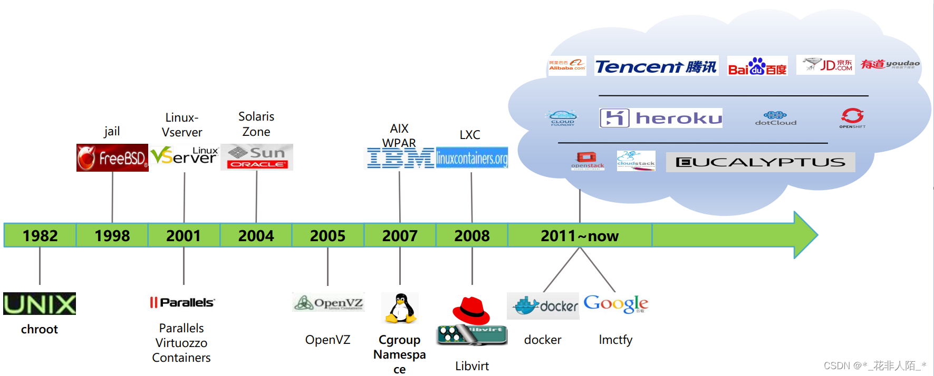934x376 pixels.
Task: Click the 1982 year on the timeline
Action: pyautogui.click(x=40, y=235)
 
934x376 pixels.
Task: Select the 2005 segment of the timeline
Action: pyautogui.click(x=328, y=235)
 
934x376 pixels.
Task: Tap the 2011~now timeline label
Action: pyautogui.click(x=579, y=235)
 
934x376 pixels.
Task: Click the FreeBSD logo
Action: pyautogui.click(x=112, y=157)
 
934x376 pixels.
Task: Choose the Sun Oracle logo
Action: pyautogui.click(x=257, y=157)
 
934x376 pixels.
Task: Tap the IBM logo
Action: pyautogui.click(x=400, y=158)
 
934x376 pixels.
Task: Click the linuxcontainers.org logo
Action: pyautogui.click(x=472, y=158)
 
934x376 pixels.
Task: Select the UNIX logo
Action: pyautogui.click(x=40, y=304)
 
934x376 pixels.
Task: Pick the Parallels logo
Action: pyautogui.click(x=182, y=302)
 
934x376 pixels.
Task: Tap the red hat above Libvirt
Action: pyautogui.click(x=471, y=310)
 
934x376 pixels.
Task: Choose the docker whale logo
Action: pyautogui.click(x=543, y=306)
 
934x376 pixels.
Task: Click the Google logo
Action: pyautogui.click(x=615, y=304)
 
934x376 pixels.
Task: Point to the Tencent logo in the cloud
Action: pyautogui.click(x=656, y=66)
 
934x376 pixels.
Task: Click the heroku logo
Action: pyautogui.click(x=661, y=118)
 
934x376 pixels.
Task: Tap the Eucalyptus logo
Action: pyautogui.click(x=760, y=162)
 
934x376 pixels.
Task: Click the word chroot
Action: pyautogui.click(x=40, y=329)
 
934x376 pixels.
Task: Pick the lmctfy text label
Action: pyautogui.click(x=615, y=340)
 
